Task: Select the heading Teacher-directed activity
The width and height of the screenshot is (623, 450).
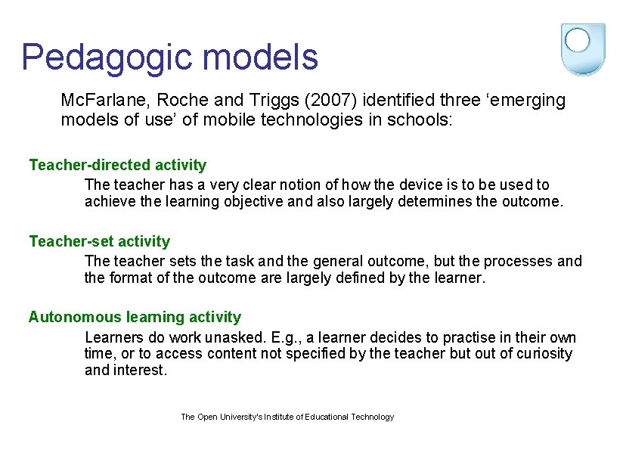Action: (117, 165)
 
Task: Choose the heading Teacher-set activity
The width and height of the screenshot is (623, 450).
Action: (99, 241)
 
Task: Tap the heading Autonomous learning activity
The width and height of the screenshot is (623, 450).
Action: (135, 317)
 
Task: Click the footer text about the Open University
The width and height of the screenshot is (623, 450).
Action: (287, 417)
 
